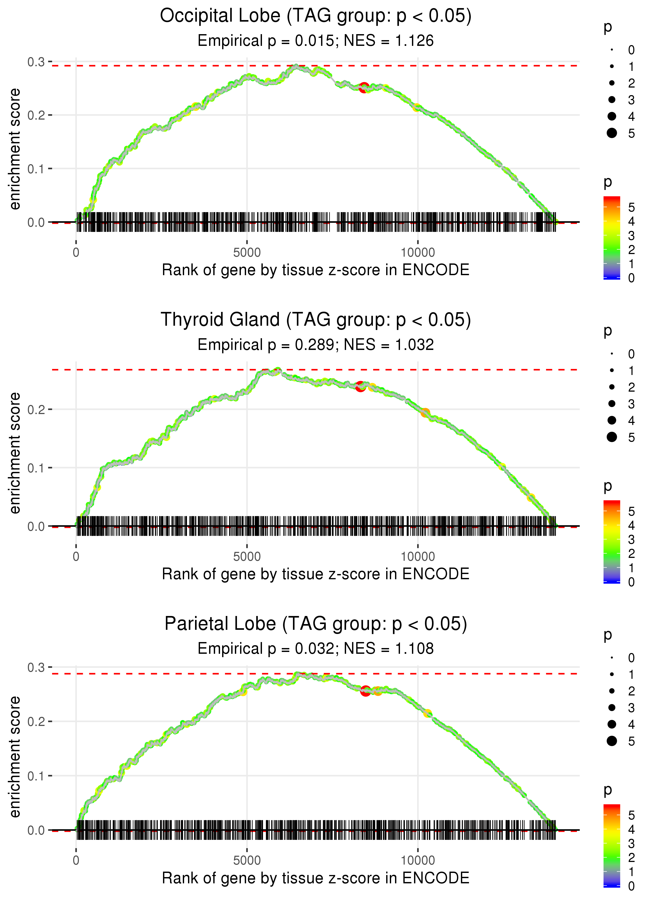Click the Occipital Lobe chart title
pyautogui.click(x=316, y=16)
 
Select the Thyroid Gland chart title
pyautogui.click(x=316, y=320)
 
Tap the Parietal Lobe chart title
pyautogui.click(x=316, y=624)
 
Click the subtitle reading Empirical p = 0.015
pyautogui.click(x=316, y=41)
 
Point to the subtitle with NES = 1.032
pyautogui.click(x=316, y=345)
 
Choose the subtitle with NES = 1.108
pyautogui.click(x=316, y=649)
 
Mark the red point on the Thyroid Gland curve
pyautogui.click(x=360, y=387)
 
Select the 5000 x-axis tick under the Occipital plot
pyautogui.click(x=247, y=253)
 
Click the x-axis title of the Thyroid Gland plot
pyautogui.click(x=316, y=574)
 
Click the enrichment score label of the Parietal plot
pyautogui.click(x=15, y=756)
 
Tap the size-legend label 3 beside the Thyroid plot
pyautogui.click(x=631, y=404)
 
